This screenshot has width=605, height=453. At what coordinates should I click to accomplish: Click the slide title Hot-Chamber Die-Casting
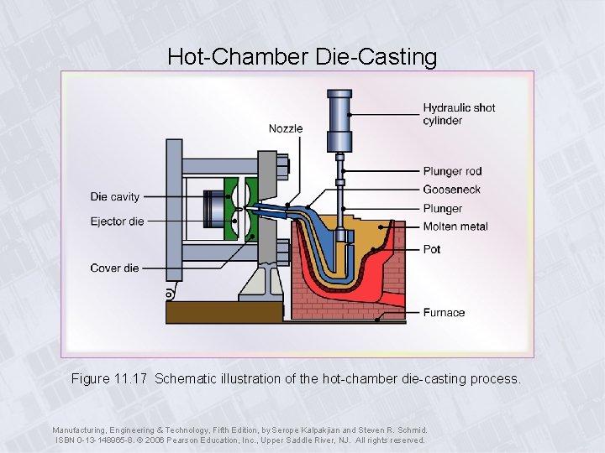pos(302,57)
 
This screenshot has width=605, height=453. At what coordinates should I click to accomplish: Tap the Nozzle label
pos(286,128)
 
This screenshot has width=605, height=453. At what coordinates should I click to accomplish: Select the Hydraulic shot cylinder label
pos(459,114)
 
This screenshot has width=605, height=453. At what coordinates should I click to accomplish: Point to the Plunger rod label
pos(452,172)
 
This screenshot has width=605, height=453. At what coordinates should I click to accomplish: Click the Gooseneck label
pos(452,190)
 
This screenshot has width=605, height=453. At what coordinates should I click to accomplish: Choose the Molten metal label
pos(455,226)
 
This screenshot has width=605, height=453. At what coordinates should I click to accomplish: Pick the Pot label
pos(432,249)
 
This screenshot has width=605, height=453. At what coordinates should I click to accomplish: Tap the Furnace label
pos(444,313)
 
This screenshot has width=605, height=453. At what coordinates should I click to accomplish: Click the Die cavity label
pos(115,197)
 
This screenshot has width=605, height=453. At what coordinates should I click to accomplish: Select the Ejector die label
pos(118,221)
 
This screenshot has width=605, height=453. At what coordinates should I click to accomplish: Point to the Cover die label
pos(115,268)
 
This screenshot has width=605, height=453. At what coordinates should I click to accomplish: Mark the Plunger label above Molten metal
pos(443,208)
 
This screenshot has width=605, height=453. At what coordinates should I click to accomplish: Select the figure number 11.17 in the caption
pos(133,379)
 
